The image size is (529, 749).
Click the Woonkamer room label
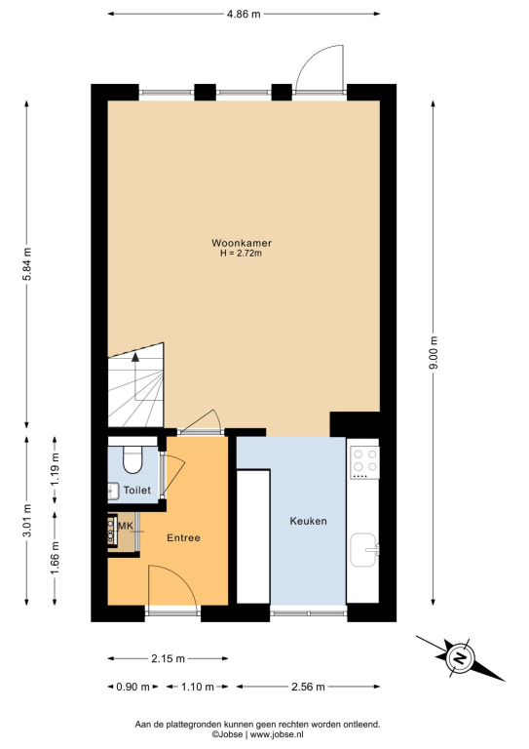[242, 243]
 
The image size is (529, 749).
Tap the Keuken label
[308, 521]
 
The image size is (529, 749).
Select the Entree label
[183, 538]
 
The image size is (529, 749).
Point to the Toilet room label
[137, 491]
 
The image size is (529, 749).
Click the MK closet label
[125, 526]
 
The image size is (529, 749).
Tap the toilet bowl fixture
[132, 459]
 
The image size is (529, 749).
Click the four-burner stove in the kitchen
[365, 462]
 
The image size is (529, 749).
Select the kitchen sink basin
[364, 549]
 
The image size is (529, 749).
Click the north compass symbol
[460, 658]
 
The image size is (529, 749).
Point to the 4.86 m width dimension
[244, 14]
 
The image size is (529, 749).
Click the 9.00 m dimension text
[434, 353]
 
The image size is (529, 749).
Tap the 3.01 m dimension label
[26, 521]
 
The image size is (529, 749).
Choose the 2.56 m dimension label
[308, 687]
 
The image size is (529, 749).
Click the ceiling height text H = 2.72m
[241, 254]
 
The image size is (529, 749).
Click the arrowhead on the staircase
[135, 356]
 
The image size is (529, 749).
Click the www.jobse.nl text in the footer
[277, 734]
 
